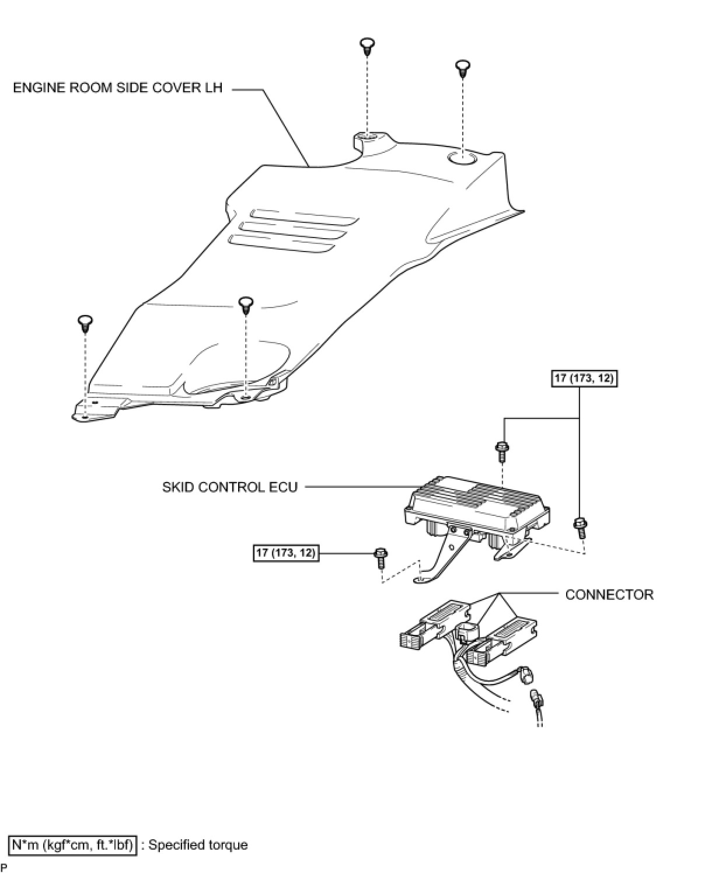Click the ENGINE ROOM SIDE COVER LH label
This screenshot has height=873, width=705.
coord(117,88)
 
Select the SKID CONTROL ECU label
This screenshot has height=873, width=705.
coord(230,487)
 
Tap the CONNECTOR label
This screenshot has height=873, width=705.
coord(609,595)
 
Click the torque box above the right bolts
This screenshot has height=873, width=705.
coord(584,378)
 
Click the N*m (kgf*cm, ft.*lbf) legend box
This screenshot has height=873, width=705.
coord(72,844)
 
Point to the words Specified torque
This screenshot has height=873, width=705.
coord(198,844)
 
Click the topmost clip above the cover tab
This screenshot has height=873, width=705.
coord(367,46)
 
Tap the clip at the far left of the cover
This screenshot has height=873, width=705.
coord(86,323)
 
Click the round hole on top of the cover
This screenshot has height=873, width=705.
coord(463,158)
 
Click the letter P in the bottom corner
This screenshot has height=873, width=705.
coord(4,868)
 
